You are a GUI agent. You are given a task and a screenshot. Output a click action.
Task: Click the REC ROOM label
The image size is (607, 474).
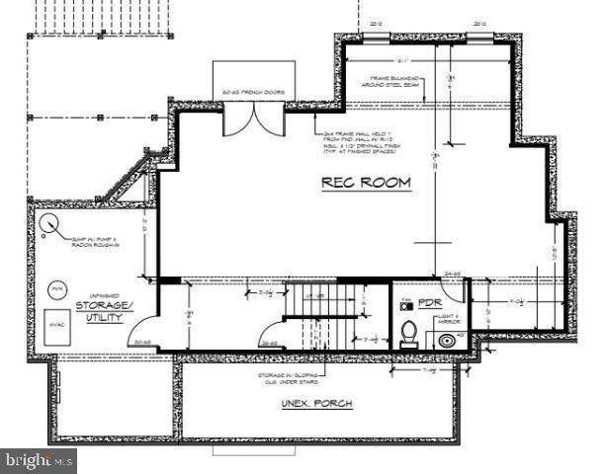click(367, 184)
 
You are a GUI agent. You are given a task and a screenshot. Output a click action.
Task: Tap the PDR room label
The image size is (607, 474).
click(429, 302)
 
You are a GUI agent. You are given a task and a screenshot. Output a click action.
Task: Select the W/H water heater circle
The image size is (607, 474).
click(55, 288)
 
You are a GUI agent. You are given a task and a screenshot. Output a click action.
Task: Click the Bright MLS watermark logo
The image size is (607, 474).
click(40, 459)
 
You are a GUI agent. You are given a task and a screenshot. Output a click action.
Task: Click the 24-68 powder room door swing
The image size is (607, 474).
click(455, 288)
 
